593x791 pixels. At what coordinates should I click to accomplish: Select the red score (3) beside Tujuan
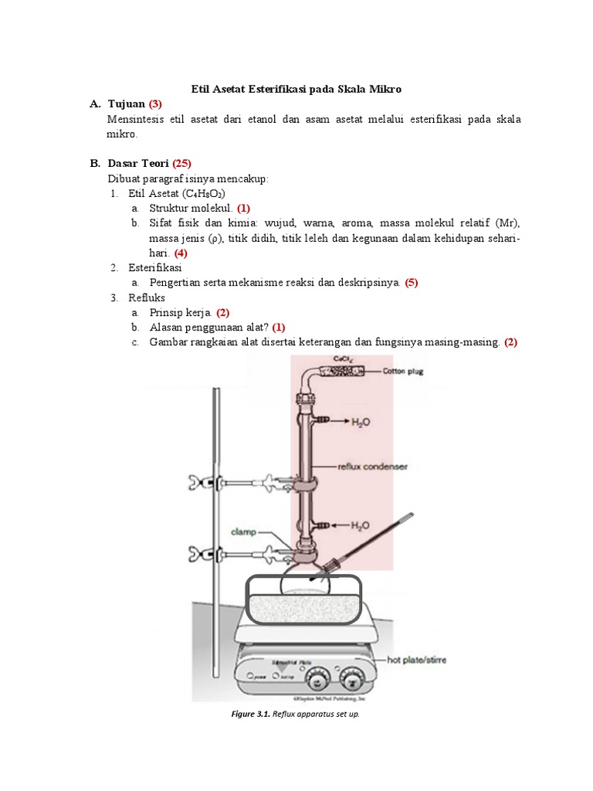coord(155,104)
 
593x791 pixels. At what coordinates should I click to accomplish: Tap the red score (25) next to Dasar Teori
coord(181,163)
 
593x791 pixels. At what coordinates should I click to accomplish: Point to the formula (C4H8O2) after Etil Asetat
coord(204,193)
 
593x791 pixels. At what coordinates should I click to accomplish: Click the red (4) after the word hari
coord(180,253)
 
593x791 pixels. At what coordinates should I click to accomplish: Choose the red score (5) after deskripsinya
coord(411,283)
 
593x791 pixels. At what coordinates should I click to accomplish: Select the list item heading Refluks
coord(147,297)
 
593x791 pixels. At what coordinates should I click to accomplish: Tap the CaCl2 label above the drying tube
coord(343,359)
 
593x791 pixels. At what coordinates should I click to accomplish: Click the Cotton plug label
coord(403,372)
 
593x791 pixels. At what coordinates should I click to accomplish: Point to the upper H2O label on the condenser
coord(361,422)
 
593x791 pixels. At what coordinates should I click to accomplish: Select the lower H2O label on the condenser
coord(360,525)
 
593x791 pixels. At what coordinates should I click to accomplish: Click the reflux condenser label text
coord(372,467)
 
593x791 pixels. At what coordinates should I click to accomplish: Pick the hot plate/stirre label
coord(416,660)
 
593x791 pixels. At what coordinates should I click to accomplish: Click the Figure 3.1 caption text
coord(296,714)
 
